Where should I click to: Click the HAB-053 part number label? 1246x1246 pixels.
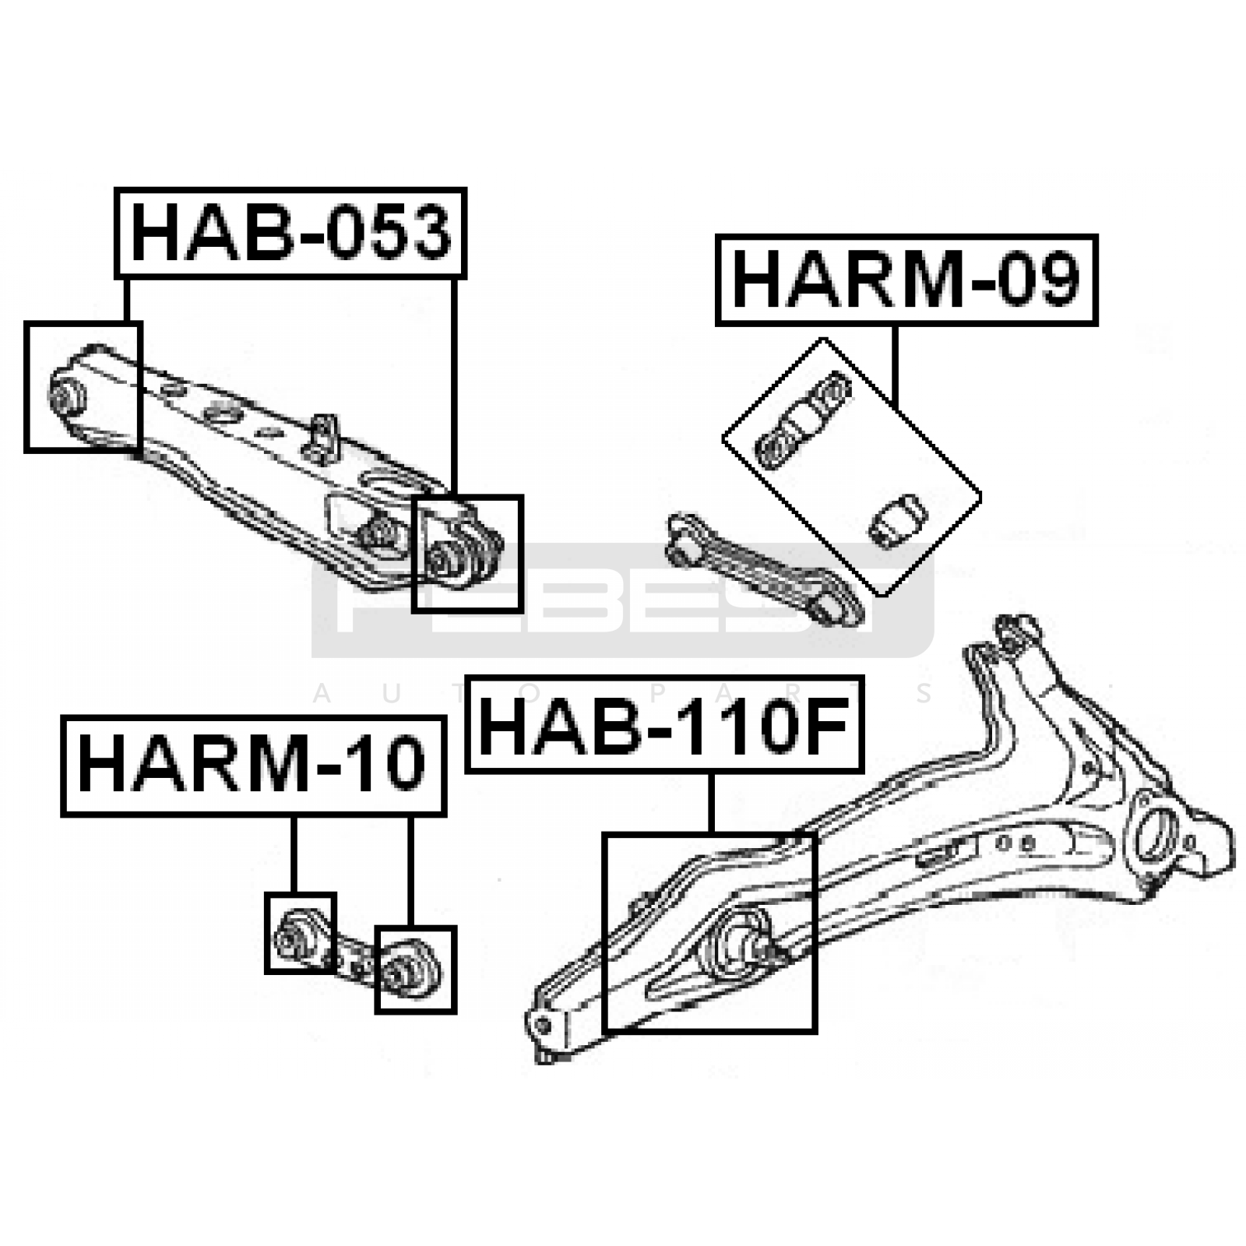290,233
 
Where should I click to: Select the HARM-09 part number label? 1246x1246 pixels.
906,280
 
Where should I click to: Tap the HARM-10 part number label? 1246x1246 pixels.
253,766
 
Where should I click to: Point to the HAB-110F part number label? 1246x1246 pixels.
664,725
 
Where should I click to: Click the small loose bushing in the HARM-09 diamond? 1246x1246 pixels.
897,519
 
